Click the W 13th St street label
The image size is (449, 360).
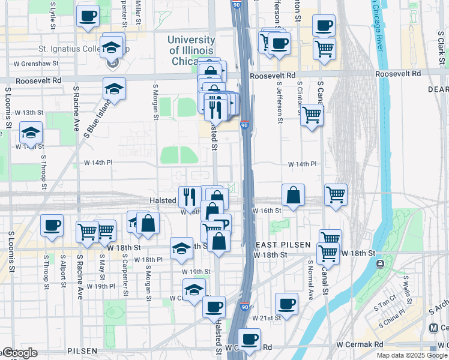point(29,112)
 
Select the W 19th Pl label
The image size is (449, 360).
point(100,286)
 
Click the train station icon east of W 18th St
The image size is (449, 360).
point(379,264)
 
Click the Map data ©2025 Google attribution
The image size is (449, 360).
point(412,355)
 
